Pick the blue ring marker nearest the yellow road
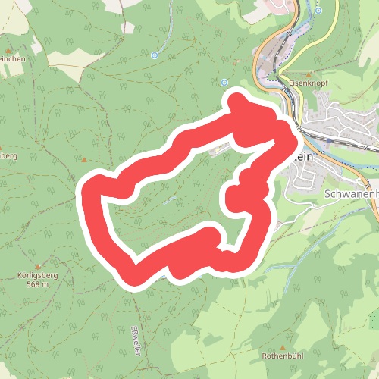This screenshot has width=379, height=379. [320, 11]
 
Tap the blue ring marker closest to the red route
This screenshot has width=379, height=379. [224, 82]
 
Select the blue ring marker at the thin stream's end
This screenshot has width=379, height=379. [155, 55]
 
